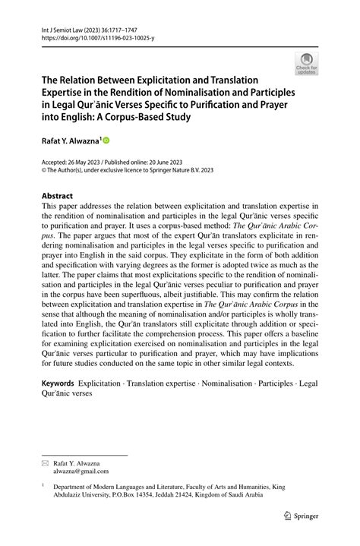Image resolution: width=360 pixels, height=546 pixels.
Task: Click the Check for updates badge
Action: coord(306,63)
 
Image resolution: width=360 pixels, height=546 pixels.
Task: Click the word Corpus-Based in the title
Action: coord(164,118)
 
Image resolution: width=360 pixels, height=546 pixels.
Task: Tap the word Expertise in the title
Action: coord(66,92)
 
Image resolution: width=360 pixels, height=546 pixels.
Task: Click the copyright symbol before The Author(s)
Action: coord(45,171)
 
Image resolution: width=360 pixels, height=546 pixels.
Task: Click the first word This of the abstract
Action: coord(49,206)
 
